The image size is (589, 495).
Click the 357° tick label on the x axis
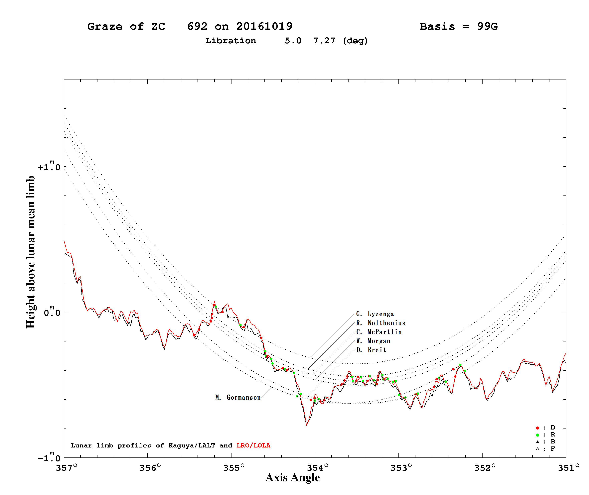click(x=67, y=468)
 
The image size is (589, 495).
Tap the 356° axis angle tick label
click(x=150, y=468)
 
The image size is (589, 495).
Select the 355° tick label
click(x=234, y=468)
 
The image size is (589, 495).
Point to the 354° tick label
click(x=317, y=468)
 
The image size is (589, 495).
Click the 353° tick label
click(x=401, y=468)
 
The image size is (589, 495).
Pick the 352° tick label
click(x=485, y=468)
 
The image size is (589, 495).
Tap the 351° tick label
click(x=568, y=468)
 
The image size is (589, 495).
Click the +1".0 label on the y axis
click(x=49, y=167)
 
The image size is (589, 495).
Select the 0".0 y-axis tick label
click(x=52, y=312)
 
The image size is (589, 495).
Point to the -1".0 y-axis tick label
click(x=49, y=458)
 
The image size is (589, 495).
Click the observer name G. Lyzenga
click(x=375, y=314)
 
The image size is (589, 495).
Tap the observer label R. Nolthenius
click(x=381, y=323)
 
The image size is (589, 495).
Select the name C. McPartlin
click(x=379, y=332)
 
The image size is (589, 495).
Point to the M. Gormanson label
click(x=238, y=397)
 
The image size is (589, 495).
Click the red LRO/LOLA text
click(x=253, y=446)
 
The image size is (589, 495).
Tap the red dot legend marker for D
click(x=538, y=428)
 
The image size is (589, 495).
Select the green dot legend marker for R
click(x=538, y=435)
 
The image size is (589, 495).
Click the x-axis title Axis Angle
click(x=293, y=478)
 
